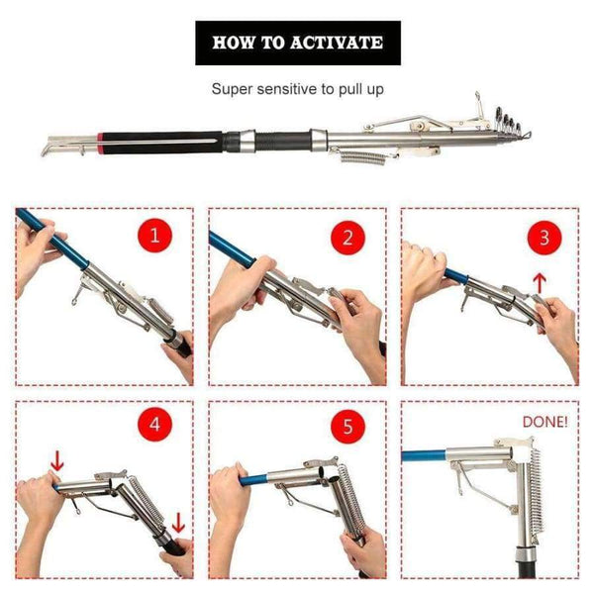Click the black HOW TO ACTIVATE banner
click(x=297, y=44)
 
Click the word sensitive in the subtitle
click(x=298, y=89)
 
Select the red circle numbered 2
click(x=346, y=238)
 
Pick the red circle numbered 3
click(x=544, y=238)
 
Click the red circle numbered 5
click(x=346, y=428)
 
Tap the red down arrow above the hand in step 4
click(x=55, y=460)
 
